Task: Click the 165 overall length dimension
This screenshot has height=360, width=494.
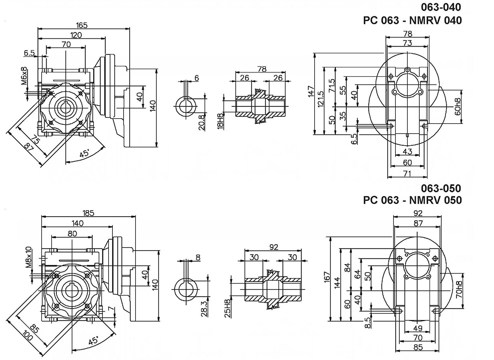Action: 82,24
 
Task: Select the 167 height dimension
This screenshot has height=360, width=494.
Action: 327,276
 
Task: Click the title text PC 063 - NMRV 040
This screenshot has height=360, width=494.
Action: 412,20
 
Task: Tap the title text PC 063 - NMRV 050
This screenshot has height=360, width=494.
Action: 412,200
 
